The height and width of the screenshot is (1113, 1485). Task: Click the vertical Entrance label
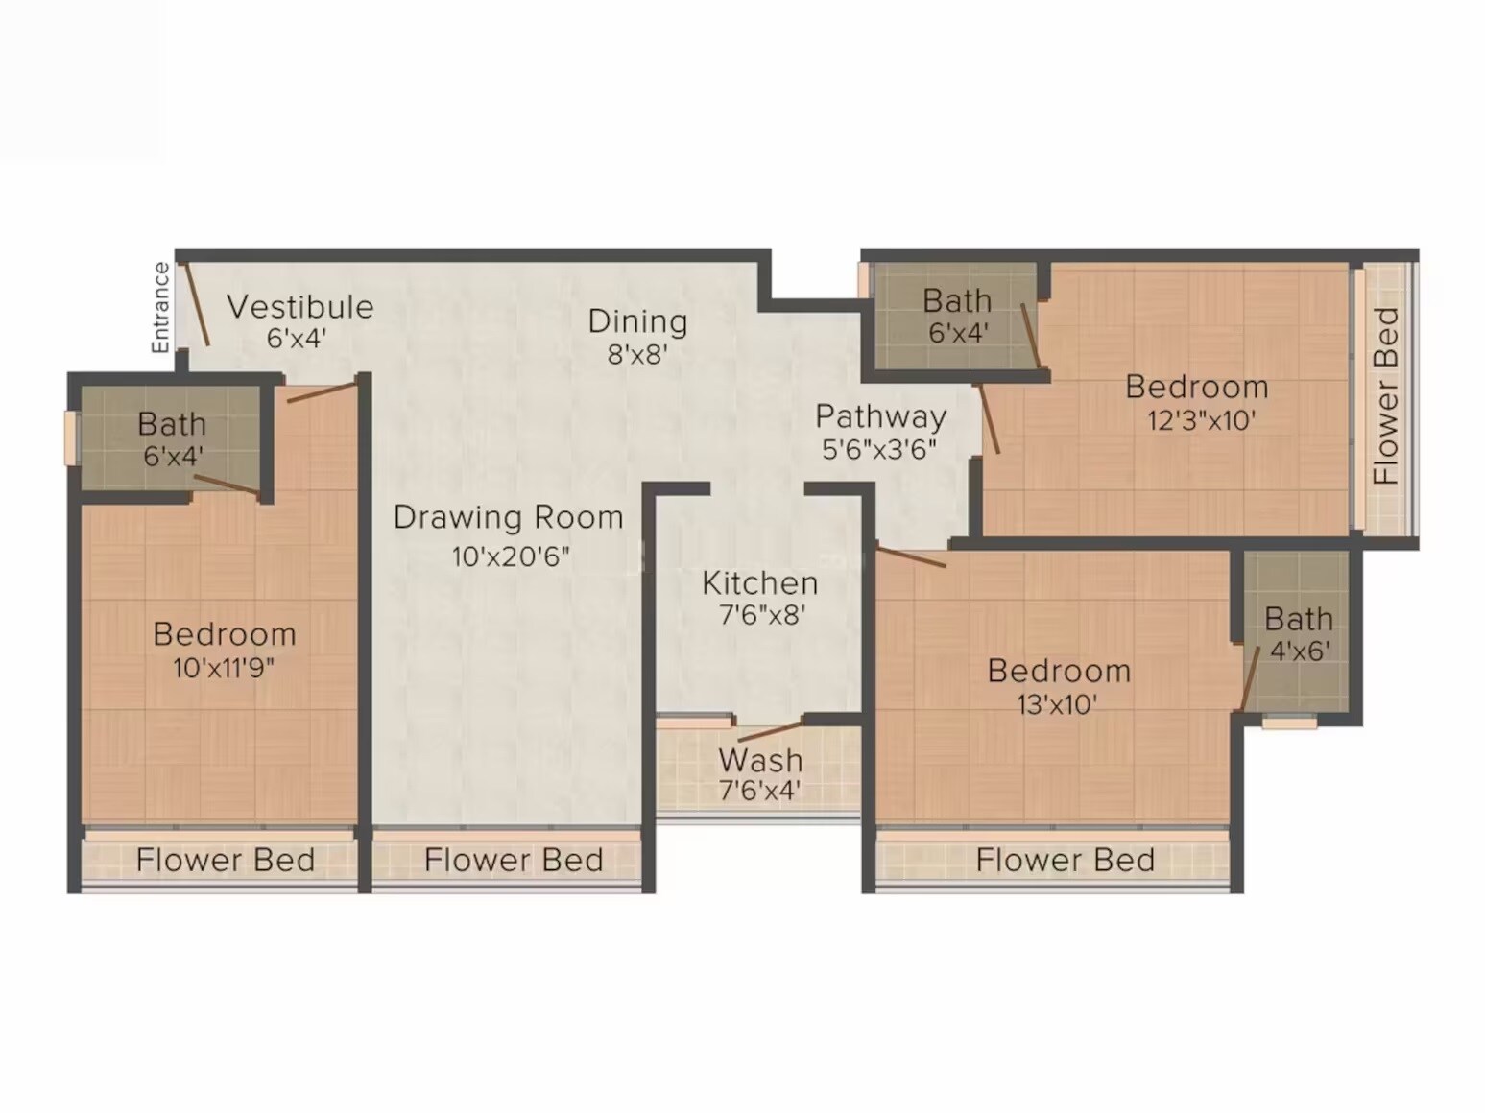point(160,307)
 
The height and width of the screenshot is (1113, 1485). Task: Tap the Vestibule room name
point(299,307)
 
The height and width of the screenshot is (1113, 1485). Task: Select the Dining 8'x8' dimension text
point(637,355)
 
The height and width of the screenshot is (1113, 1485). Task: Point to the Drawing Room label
point(508,518)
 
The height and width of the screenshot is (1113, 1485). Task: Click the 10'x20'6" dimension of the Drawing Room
point(511,556)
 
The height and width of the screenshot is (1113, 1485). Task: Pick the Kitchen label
point(759,583)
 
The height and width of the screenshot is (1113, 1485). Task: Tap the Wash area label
point(760,760)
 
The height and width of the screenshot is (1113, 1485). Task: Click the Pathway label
point(880,416)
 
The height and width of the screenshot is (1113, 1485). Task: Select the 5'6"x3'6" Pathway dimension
point(878,449)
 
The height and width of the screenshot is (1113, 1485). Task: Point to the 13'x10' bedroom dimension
point(1056,704)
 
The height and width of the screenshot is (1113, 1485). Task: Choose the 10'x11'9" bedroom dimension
point(224,668)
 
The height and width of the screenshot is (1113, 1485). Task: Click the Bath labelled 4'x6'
point(1298,619)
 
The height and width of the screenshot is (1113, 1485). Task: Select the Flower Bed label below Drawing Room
point(514,860)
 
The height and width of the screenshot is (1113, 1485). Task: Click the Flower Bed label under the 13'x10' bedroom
point(1065,860)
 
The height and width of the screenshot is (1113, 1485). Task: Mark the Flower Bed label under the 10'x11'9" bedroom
point(226,860)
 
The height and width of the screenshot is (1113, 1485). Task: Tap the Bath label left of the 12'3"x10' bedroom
point(956,301)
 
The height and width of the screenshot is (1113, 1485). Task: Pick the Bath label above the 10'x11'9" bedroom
point(172,424)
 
